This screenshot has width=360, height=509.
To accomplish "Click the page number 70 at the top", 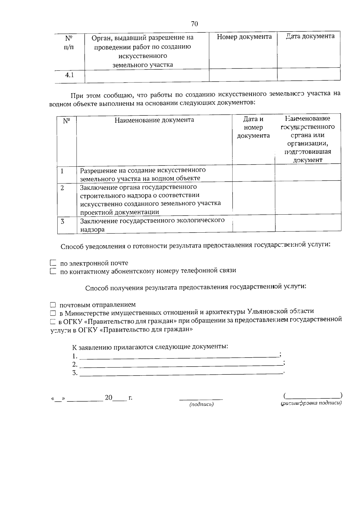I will [x=194, y=24].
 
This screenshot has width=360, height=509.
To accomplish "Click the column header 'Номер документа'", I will [x=244, y=37].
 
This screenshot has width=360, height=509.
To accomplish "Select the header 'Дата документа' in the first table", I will [x=310, y=36].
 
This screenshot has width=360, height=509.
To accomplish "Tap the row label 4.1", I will [x=70, y=75].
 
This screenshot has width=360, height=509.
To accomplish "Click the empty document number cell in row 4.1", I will [x=243, y=75].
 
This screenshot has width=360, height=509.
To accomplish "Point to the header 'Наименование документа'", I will [x=154, y=120].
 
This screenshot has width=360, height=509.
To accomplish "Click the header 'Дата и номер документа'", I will [x=253, y=127].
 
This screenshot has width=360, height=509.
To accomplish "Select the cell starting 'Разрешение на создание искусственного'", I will [x=143, y=174].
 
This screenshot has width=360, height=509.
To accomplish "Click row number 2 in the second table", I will [x=62, y=188].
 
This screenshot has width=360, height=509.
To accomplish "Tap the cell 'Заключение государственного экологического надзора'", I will [x=152, y=225].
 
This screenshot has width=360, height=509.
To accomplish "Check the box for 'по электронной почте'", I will [x=53, y=263].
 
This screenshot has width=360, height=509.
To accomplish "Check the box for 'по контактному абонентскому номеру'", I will [x=53, y=271].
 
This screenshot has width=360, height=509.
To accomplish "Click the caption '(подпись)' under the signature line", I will [x=201, y=405].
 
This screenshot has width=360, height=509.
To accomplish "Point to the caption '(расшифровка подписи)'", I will [x=311, y=403].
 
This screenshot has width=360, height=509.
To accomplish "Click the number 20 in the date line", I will [x=108, y=398].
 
